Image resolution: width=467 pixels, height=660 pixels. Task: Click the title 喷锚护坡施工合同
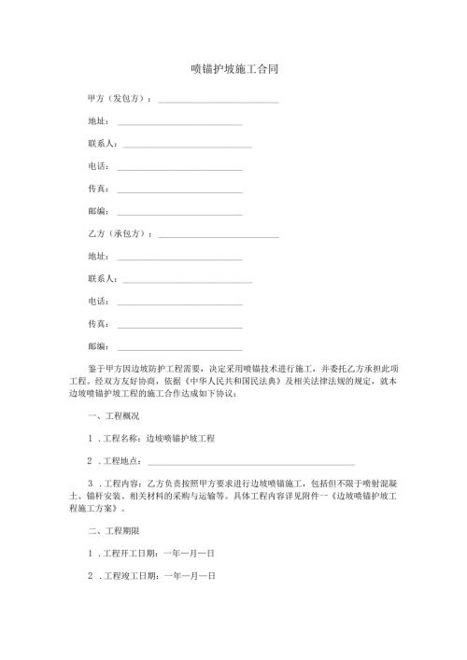point(233,69)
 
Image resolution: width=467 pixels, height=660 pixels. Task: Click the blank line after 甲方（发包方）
point(219,101)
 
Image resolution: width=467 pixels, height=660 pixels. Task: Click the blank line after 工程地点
point(251,463)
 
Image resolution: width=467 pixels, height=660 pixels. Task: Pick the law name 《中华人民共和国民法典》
point(237,382)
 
